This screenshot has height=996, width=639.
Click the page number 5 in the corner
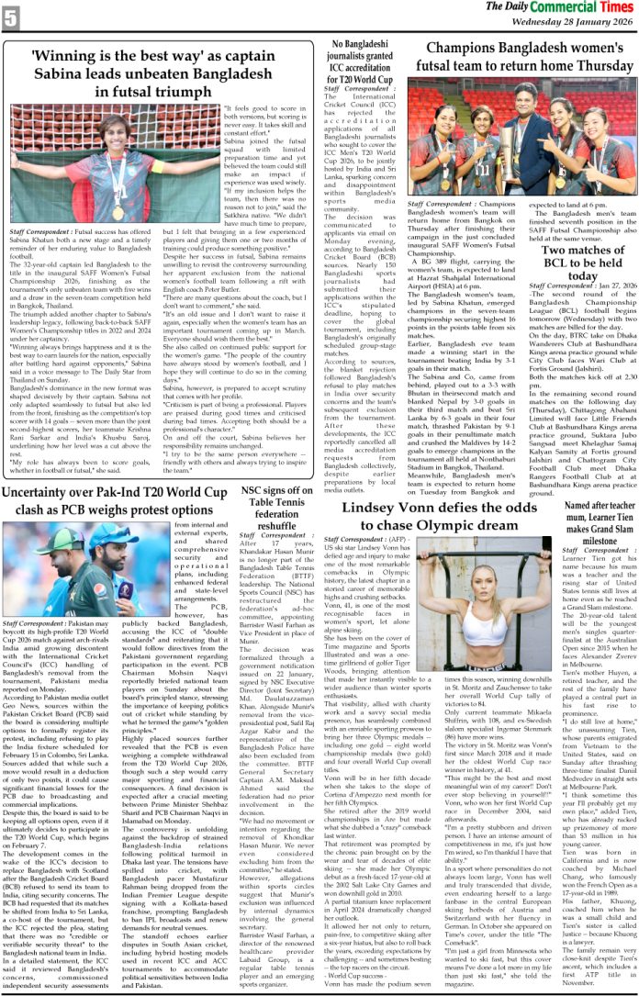tap(10, 16)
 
